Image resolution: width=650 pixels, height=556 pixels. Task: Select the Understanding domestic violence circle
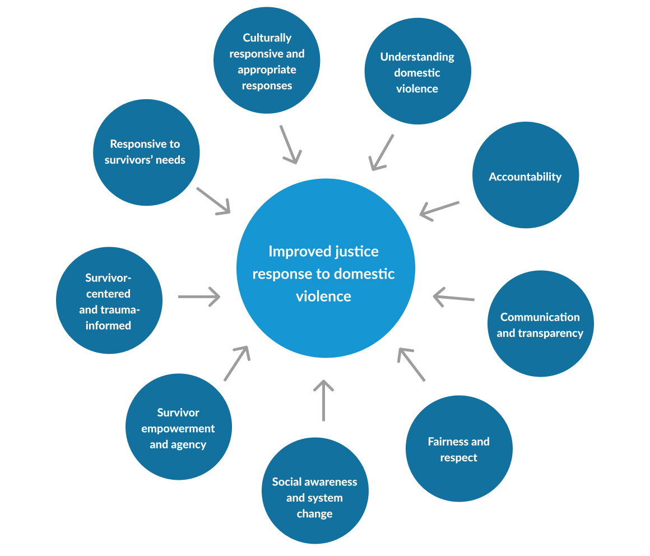click(417, 71)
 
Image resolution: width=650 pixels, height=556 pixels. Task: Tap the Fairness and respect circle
click(459, 448)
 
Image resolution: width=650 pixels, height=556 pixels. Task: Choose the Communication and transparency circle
click(540, 324)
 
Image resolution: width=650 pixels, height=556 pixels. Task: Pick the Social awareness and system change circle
click(315, 492)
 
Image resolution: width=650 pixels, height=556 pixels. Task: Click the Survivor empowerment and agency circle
click(178, 427)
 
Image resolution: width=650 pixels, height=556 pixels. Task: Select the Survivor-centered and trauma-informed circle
click(109, 300)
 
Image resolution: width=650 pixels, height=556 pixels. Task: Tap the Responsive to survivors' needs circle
click(146, 152)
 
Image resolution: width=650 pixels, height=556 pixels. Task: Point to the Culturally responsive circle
click(267, 61)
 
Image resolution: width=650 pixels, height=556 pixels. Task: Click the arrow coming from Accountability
click(439, 210)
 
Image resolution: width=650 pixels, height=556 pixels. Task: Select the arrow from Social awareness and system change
click(323, 400)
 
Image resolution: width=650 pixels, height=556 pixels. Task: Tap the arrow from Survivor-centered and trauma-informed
click(199, 296)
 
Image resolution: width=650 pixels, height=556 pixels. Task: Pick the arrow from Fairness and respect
click(411, 364)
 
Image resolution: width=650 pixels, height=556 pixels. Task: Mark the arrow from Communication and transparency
click(454, 298)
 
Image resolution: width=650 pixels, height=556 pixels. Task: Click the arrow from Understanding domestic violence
click(382, 152)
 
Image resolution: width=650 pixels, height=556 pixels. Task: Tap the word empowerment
click(178, 429)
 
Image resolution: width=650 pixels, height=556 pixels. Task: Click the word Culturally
click(267, 38)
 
